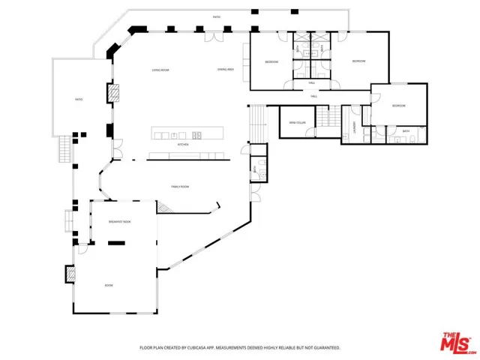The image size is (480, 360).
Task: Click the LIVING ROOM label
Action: point(160,70)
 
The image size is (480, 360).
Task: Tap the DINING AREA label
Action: point(226,70)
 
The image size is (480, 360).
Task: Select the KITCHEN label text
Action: point(182,145)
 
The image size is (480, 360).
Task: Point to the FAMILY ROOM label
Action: point(180,187)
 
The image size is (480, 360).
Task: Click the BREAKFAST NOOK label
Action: point(120,222)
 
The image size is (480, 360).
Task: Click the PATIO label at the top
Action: point(217,16)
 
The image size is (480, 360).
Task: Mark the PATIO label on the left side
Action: point(78,99)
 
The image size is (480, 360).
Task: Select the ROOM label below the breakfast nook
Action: point(109,286)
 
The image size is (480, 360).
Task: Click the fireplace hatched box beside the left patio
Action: point(115,93)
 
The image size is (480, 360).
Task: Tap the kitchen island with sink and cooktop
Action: point(187,134)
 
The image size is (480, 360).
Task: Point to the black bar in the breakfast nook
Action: point(117,243)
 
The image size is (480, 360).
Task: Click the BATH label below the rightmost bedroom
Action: point(406,131)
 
